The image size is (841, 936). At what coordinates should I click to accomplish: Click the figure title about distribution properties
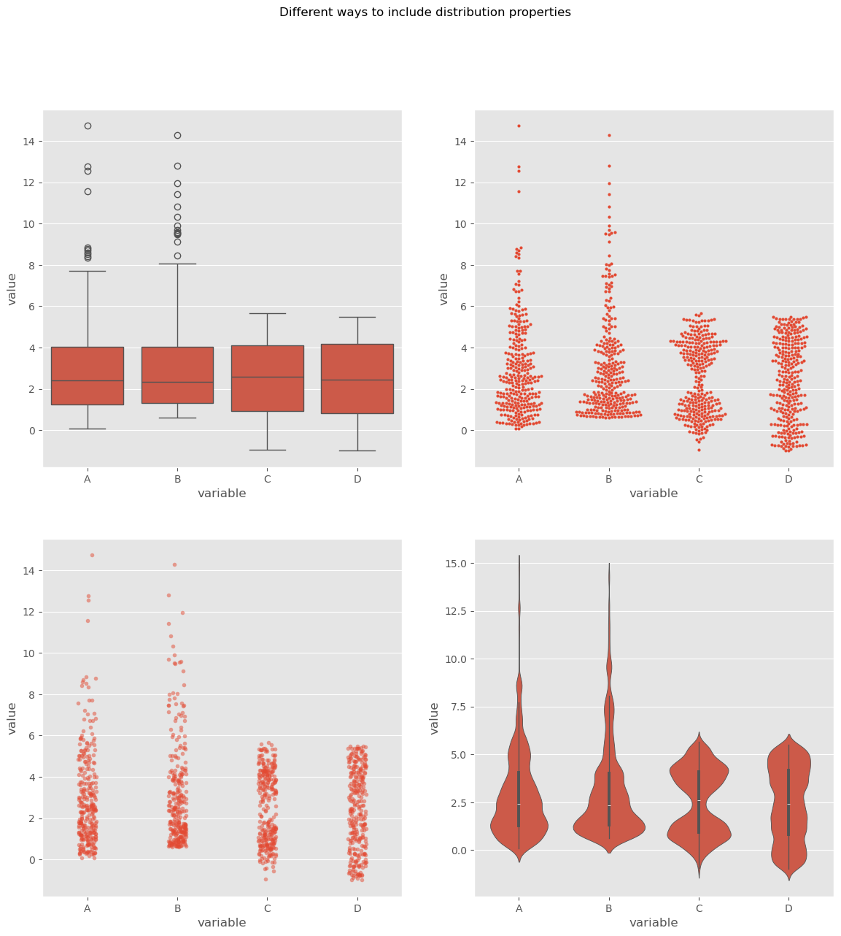click(x=425, y=12)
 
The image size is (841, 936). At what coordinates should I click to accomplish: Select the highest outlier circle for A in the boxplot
click(x=88, y=126)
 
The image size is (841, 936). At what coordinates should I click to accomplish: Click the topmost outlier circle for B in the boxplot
click(x=177, y=135)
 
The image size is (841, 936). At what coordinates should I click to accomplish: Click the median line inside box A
click(x=88, y=380)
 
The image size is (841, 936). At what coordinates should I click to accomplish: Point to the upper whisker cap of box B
click(x=177, y=264)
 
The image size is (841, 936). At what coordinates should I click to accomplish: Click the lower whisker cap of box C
click(x=267, y=450)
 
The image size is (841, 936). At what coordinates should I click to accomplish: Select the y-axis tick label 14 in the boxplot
click(x=29, y=141)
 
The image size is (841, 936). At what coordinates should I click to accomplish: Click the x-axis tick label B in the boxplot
click(x=177, y=479)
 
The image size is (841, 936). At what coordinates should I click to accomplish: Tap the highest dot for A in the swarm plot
click(x=519, y=126)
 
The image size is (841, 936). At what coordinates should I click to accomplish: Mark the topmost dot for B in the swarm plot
click(x=609, y=135)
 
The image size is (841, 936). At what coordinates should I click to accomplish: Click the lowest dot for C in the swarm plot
click(x=699, y=450)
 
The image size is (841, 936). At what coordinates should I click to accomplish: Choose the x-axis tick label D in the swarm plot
click(x=788, y=479)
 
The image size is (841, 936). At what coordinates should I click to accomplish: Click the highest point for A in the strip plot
click(x=92, y=555)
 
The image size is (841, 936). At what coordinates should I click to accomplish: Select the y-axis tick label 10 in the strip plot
click(x=29, y=653)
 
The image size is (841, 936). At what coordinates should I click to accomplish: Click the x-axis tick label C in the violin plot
click(x=699, y=908)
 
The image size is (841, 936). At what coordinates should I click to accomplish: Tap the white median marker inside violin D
click(x=788, y=804)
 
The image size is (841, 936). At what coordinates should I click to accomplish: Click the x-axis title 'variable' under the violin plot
click(x=654, y=922)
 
